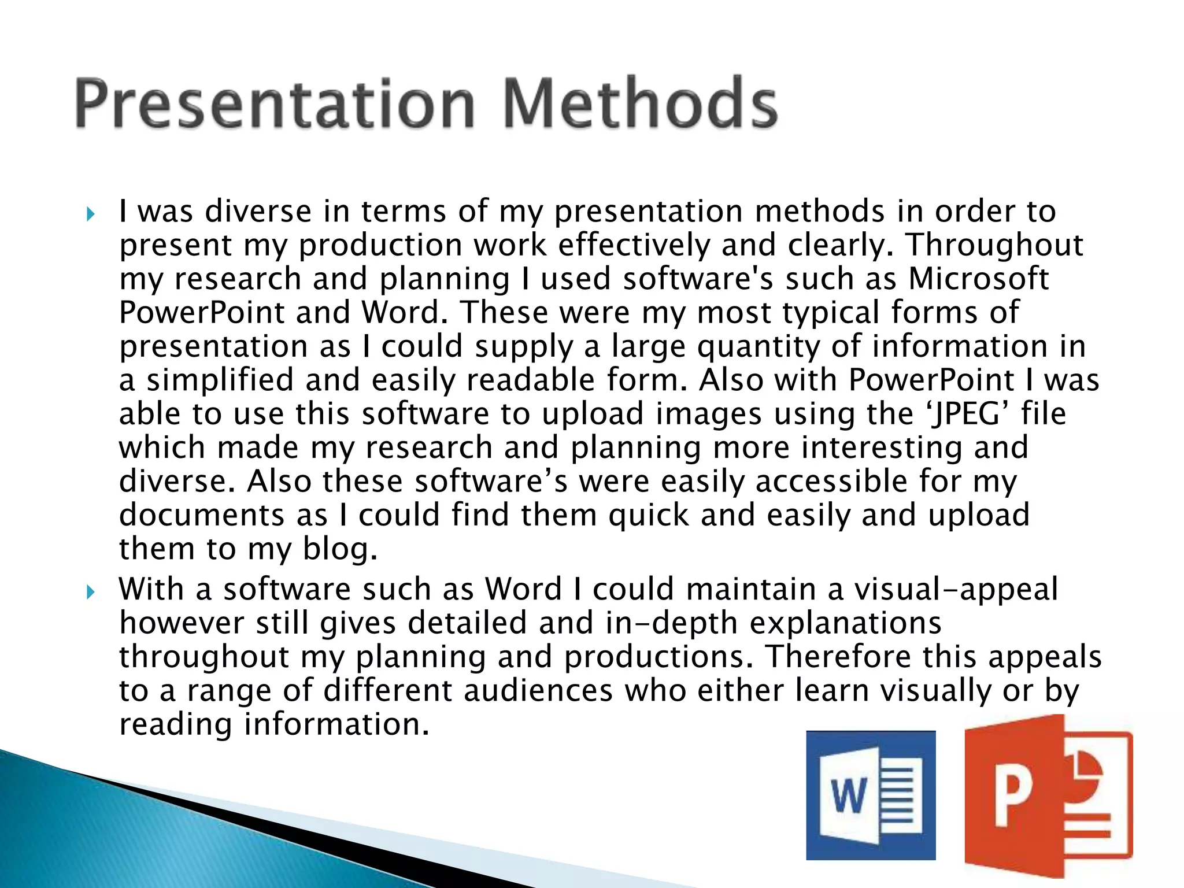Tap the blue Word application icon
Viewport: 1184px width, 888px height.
click(x=871, y=795)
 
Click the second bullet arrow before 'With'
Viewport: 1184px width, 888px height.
click(x=90, y=592)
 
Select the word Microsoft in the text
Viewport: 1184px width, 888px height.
click(x=978, y=279)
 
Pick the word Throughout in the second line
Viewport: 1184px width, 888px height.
click(x=994, y=245)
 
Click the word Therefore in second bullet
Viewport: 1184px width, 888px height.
click(x=838, y=657)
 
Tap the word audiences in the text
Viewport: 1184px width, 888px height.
click(x=538, y=691)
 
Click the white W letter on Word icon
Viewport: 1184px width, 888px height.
click(x=848, y=796)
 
